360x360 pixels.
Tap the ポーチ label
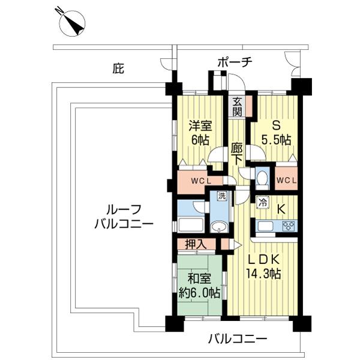[235, 62]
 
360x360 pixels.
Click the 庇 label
[118, 69]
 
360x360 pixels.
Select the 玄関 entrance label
[237, 106]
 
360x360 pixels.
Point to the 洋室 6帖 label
[200, 133]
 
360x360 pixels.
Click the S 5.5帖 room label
[277, 133]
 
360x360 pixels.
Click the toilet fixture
[262, 179]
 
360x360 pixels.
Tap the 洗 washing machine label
[221, 196]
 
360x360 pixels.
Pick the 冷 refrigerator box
[263, 203]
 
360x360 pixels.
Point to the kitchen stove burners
[288, 226]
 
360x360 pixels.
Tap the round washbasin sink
[218, 226]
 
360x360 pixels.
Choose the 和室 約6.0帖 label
[199, 286]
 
